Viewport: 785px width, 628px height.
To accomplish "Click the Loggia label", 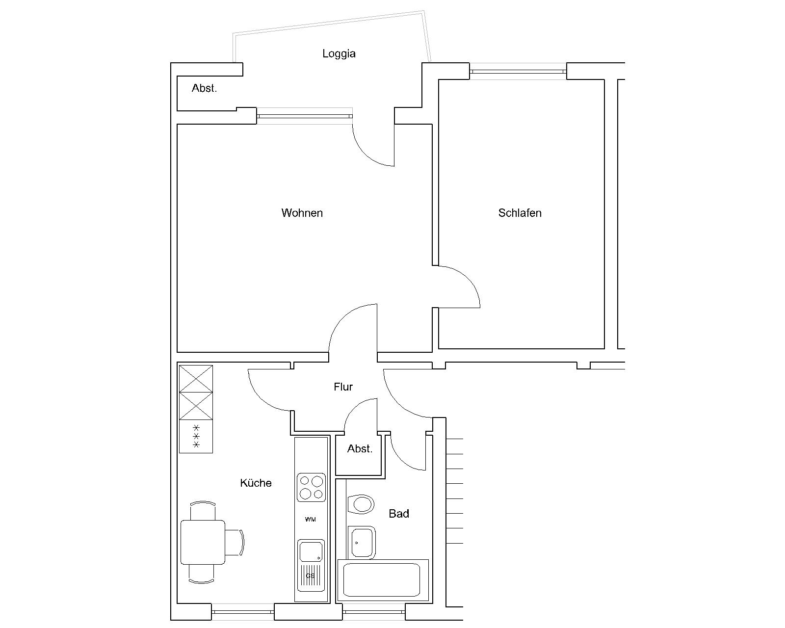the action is [339, 53].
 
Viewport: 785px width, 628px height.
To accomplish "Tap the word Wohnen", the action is [302, 213].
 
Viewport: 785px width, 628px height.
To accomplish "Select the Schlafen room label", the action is [520, 213].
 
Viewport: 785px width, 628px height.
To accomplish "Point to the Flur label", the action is [343, 387].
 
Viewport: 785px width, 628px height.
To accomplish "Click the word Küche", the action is [256, 483].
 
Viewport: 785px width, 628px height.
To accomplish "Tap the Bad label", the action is [399, 513].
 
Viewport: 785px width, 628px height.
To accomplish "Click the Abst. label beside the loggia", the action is [204, 88].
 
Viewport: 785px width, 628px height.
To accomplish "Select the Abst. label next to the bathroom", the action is [360, 448].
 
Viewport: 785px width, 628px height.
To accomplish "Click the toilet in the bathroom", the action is [361, 504].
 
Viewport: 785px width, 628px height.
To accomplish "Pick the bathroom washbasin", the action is [362, 542].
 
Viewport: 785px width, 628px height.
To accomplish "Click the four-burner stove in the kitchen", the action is [311, 488].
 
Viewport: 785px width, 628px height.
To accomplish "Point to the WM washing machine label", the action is [311, 519].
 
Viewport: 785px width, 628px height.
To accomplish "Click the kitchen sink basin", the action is [311, 551].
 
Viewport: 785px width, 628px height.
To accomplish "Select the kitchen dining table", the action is [203, 542].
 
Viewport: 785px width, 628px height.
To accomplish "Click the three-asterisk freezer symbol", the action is [196, 436].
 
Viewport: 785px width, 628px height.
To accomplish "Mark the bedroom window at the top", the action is [518, 72].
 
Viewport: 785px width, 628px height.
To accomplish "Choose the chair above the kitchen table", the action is [203, 511].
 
